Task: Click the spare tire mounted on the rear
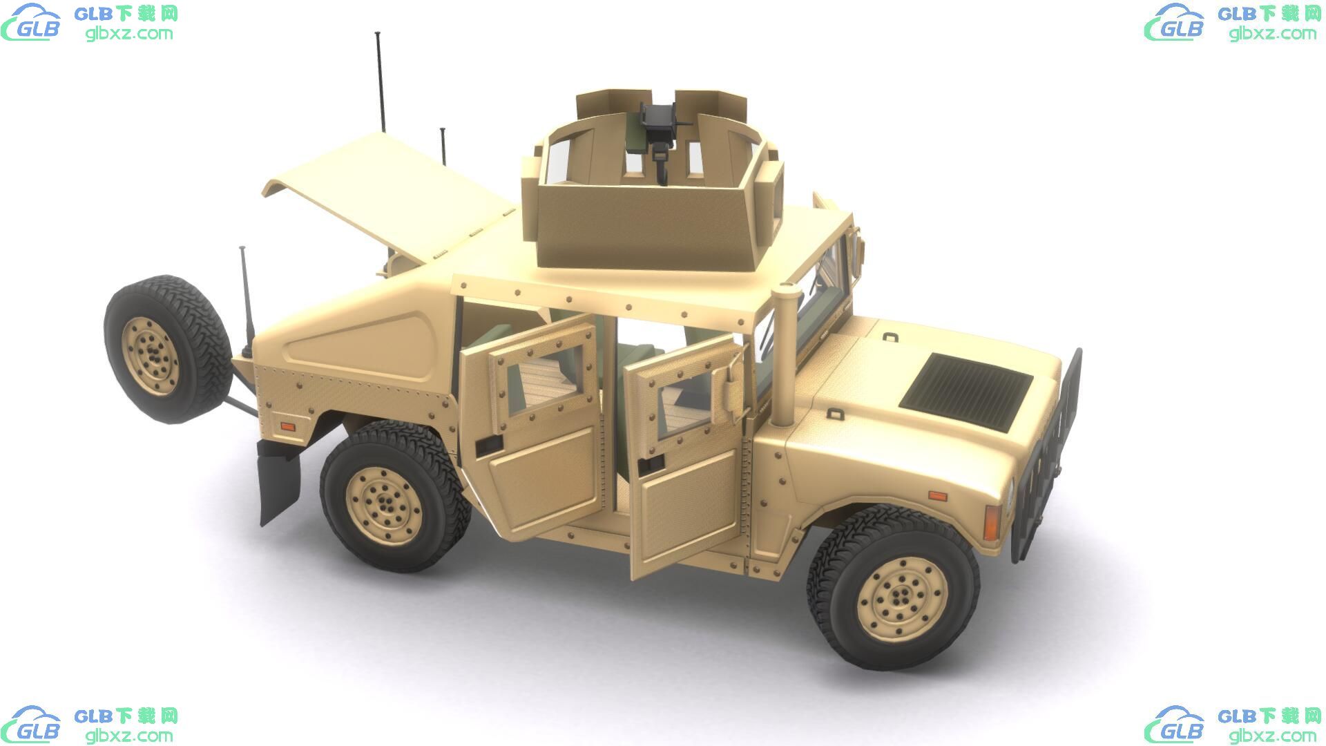pos(168,349)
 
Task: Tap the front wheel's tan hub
pos(902,594)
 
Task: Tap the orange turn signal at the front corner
pos(992,522)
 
